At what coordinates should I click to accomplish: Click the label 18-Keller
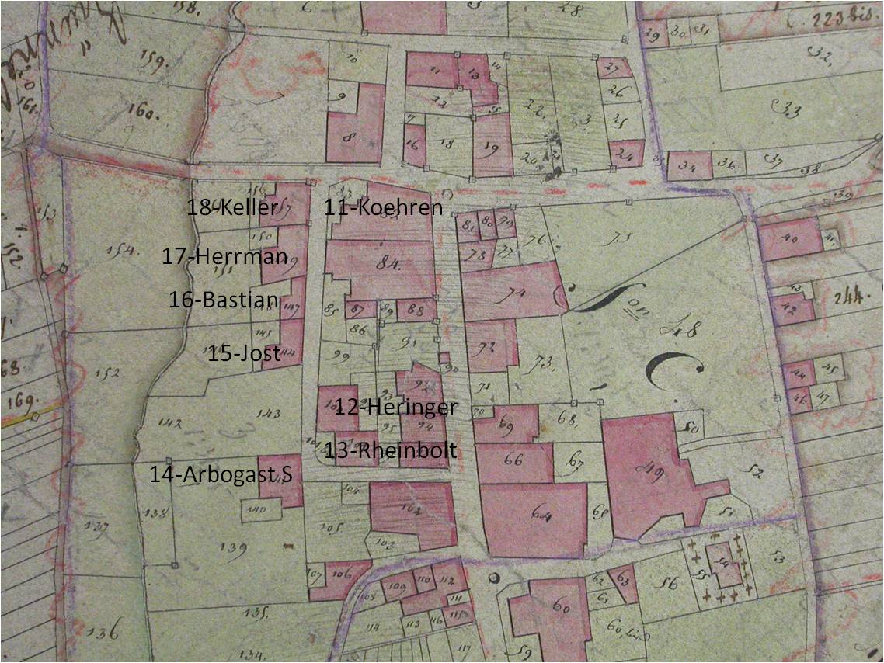point(232,208)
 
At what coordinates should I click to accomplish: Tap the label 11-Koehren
point(384,208)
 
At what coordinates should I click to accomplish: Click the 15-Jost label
point(243,354)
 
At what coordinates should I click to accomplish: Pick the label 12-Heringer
point(395,407)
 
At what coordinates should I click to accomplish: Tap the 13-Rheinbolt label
point(390,452)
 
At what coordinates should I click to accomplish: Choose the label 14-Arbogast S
point(221,474)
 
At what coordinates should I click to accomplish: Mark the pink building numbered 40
point(788,239)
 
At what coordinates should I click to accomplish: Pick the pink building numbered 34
point(688,165)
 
